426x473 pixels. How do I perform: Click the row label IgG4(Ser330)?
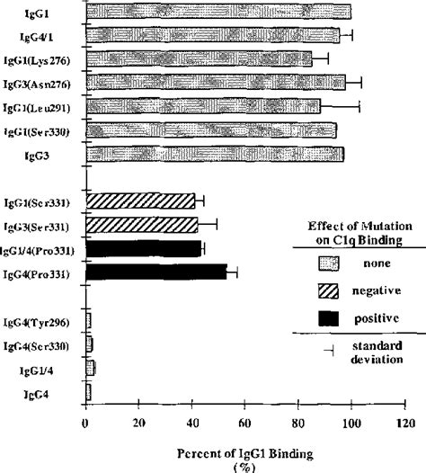click(45, 344)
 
